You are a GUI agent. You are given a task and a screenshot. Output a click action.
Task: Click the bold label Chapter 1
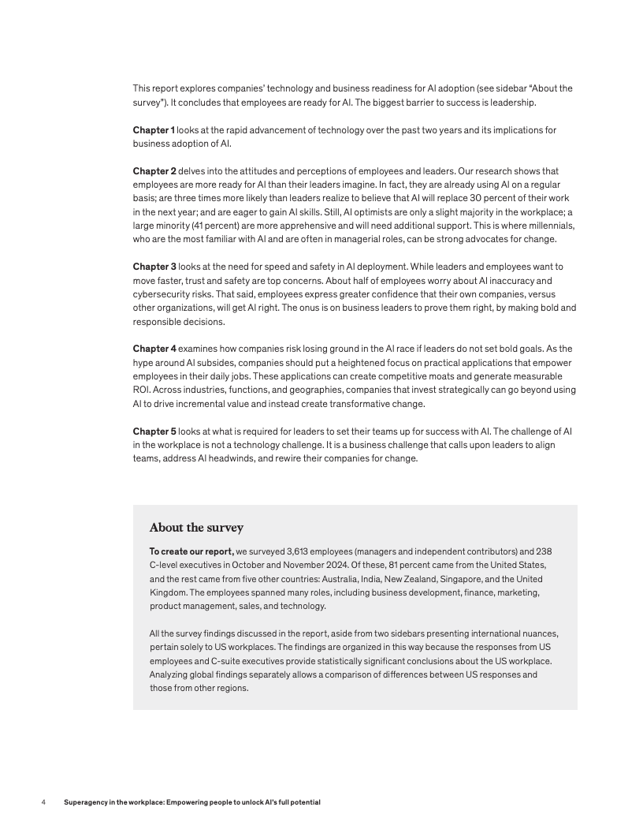(x=154, y=129)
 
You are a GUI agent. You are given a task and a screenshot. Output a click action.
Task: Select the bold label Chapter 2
(x=154, y=170)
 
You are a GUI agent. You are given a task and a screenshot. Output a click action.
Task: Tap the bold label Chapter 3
(x=154, y=267)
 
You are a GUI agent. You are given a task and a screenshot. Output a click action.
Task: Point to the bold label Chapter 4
(x=154, y=349)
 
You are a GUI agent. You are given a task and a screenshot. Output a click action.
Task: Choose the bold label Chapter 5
(x=154, y=431)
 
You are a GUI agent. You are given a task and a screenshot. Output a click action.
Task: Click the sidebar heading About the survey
(x=196, y=528)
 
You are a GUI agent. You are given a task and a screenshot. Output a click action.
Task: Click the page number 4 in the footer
(x=43, y=802)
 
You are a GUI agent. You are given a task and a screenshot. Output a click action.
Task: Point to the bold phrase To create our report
(x=191, y=551)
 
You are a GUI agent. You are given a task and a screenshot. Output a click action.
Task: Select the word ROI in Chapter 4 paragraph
(x=141, y=390)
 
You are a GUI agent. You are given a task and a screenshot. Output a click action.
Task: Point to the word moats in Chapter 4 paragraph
(x=419, y=376)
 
